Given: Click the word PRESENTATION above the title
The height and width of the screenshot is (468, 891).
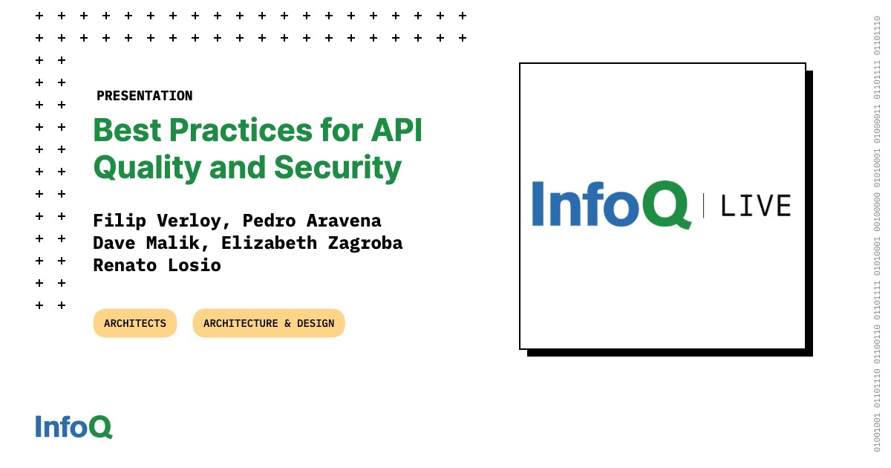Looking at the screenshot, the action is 144,96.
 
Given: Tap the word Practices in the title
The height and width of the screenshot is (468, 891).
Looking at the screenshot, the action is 241,130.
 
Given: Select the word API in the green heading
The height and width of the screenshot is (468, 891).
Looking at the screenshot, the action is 396,130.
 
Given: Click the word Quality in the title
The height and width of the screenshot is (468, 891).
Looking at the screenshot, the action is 148,169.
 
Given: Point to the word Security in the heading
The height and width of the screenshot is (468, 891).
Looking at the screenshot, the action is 338,169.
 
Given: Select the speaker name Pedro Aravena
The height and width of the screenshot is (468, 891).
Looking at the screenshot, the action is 312,221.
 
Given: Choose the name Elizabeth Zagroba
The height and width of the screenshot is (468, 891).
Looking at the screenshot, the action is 312,243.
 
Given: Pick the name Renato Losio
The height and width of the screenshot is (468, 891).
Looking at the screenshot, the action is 157,265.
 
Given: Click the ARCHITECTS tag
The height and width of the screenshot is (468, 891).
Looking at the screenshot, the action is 135,323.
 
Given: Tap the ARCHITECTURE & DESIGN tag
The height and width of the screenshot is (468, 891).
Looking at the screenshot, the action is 269,323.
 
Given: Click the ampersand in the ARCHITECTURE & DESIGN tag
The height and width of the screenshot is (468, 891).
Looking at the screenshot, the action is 287,323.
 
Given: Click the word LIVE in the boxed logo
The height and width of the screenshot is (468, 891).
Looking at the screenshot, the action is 756,206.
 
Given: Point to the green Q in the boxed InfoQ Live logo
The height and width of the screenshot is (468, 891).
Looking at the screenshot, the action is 665,204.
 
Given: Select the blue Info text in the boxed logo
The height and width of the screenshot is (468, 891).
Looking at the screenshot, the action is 585,204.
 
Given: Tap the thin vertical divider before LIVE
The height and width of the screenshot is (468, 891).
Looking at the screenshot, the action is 704,205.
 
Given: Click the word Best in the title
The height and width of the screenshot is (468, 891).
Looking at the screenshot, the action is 127,130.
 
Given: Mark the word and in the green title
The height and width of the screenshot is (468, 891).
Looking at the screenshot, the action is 238,168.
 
